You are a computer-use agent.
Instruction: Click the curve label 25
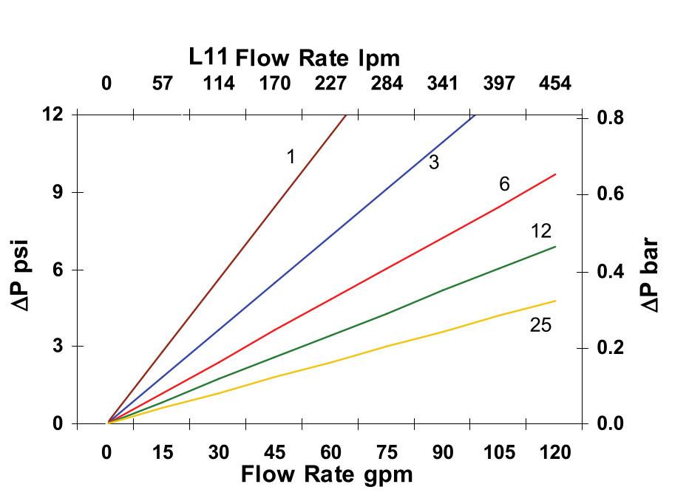tap(540, 324)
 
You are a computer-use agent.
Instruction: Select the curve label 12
tap(540, 231)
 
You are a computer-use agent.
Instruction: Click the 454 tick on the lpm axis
tap(554, 83)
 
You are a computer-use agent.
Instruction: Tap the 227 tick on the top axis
tap(330, 83)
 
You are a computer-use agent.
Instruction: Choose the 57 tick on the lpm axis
tap(162, 83)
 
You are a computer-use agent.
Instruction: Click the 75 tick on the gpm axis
tap(387, 451)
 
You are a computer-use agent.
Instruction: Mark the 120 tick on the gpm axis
tap(554, 451)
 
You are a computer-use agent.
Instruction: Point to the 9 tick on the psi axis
tap(55, 192)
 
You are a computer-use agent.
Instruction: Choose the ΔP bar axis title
tap(651, 273)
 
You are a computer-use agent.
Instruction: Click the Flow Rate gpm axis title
tap(326, 474)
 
